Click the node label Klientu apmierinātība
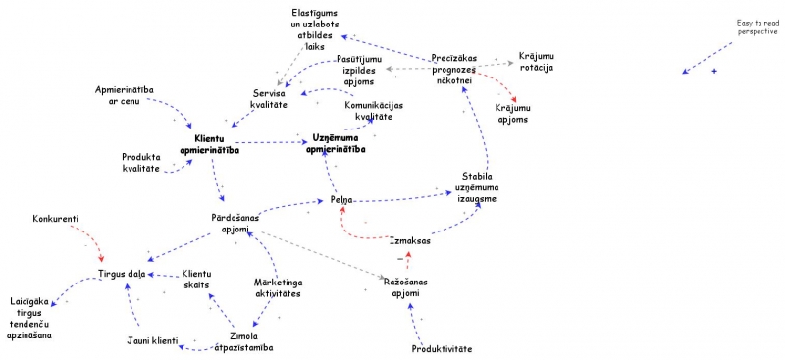tap(210, 145)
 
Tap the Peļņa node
tap(341, 200)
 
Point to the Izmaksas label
tap(409, 240)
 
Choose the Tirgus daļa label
tap(121, 274)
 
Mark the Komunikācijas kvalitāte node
tap(373, 111)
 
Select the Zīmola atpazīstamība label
tap(243, 341)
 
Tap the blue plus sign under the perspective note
tap(714, 73)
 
